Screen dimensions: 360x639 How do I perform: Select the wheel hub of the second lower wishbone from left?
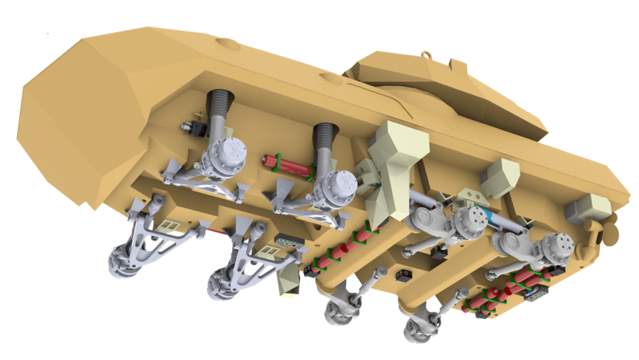222,281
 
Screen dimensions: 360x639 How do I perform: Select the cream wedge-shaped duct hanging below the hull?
288,282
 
